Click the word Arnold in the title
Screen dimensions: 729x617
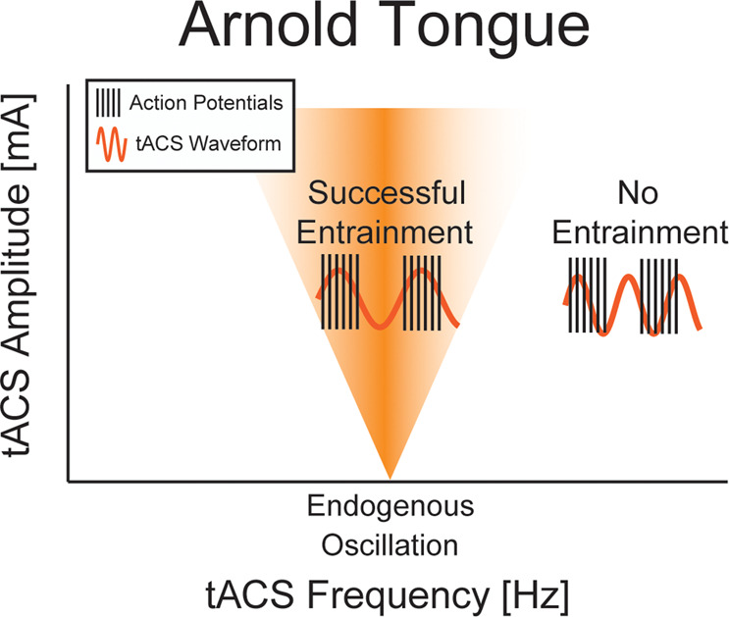[x=268, y=26]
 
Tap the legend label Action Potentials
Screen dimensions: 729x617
[x=206, y=103]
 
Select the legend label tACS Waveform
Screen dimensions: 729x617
[x=208, y=143]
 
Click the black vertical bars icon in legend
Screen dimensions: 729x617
[x=108, y=103]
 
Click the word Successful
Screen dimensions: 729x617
[x=387, y=192]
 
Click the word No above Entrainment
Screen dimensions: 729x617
[x=638, y=192]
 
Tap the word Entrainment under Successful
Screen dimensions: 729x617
[x=385, y=231]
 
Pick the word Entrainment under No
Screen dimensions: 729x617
[x=640, y=231]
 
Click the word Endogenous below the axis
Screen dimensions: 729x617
[x=391, y=506]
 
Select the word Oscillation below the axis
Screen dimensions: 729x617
[x=391, y=545]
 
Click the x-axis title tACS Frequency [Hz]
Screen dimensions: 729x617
[x=388, y=595]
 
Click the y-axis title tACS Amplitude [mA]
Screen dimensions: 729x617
[x=18, y=276]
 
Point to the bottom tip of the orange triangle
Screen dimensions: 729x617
[x=391, y=479]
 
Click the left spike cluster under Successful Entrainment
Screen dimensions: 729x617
[x=339, y=292]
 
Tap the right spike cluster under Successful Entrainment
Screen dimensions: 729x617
[x=422, y=292]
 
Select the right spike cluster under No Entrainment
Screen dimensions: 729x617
[x=658, y=295]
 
